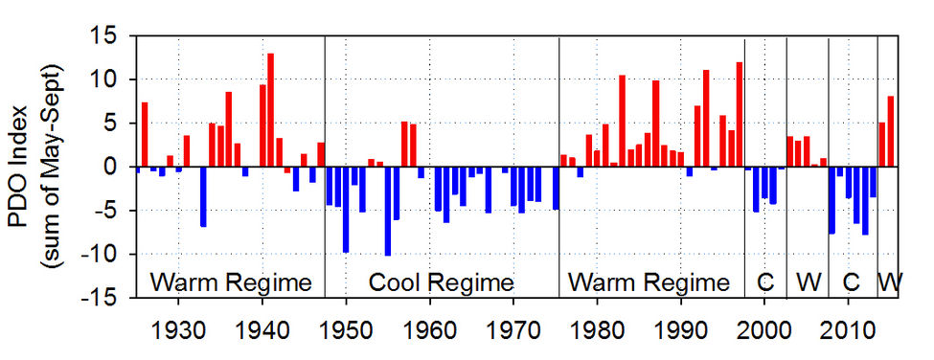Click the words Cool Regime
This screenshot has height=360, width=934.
pos(442,282)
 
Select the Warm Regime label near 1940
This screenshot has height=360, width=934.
pos(231,282)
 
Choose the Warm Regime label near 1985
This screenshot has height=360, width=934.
pos(649,282)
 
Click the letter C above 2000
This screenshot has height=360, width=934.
pos(764,282)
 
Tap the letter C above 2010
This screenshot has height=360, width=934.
pos(851,282)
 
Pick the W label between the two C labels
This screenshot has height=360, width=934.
pos(808,282)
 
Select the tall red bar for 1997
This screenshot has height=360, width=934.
pos(740,115)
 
